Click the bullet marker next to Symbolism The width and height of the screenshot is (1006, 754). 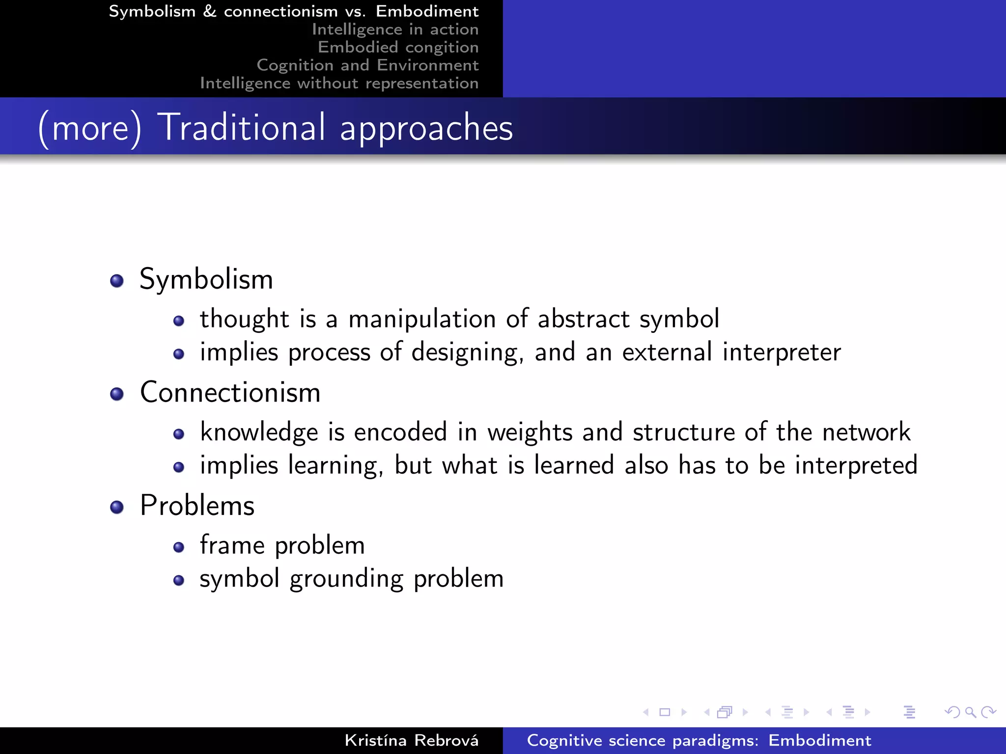(117, 281)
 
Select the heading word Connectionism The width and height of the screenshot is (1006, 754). (230, 393)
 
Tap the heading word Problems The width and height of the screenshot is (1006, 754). (197, 506)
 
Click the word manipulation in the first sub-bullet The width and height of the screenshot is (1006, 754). (422, 319)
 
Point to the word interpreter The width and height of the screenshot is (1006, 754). (782, 352)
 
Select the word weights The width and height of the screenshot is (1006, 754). (530, 432)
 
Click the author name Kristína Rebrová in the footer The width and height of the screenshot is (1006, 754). (411, 740)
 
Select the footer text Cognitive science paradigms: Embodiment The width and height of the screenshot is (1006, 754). (699, 740)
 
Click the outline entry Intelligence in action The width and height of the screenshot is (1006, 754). (395, 29)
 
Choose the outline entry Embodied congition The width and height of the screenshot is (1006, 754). (398, 47)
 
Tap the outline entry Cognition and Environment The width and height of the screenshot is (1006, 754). (367, 65)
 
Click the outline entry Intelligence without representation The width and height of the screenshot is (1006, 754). (339, 83)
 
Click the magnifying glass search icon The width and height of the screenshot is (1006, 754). (970, 712)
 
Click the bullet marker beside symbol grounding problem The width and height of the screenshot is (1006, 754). (179, 581)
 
